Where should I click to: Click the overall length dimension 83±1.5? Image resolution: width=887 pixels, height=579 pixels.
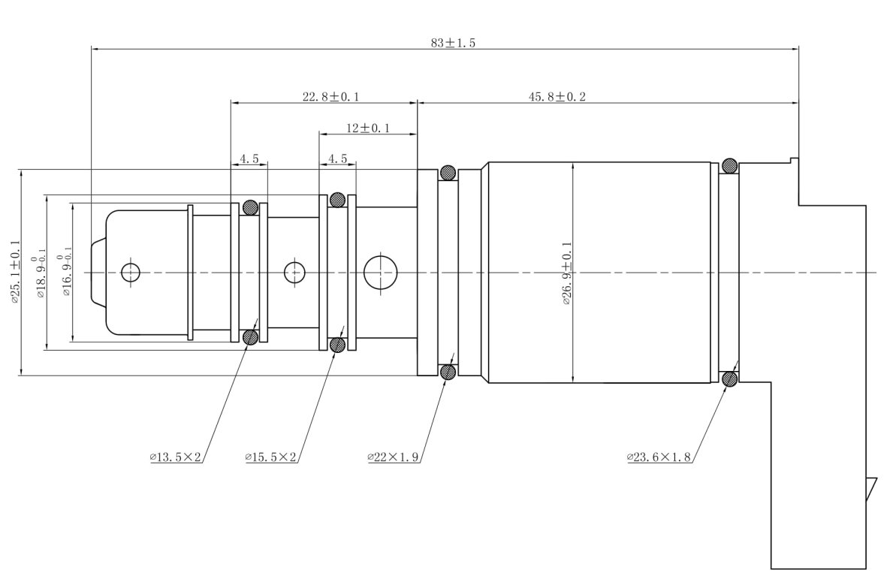click(453, 43)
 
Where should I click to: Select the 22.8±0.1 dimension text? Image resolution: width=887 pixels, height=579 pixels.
click(331, 97)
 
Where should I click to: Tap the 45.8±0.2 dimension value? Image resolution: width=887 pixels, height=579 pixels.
click(557, 97)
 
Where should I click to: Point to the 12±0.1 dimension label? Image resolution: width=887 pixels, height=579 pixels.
click(368, 128)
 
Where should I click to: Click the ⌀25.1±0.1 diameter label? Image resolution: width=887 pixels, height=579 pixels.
click(15, 271)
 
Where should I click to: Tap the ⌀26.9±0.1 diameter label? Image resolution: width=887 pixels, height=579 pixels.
click(567, 273)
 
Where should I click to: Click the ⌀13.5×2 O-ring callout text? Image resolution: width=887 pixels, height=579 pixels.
click(175, 457)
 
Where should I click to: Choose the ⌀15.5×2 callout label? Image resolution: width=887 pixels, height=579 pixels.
click(270, 457)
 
